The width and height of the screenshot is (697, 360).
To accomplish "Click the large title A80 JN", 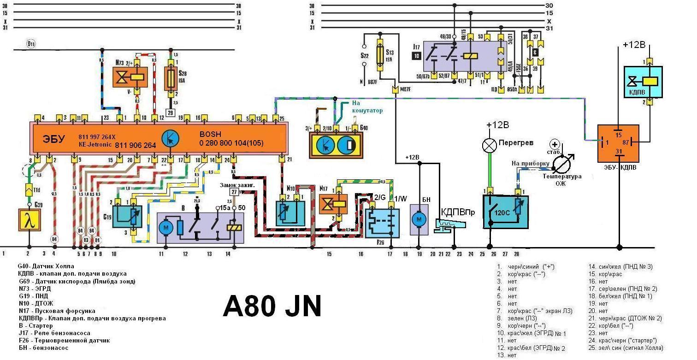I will tap(272, 306).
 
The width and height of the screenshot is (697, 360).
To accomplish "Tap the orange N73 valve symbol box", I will tap(130, 77).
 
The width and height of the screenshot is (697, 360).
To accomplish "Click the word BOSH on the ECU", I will tap(210, 134).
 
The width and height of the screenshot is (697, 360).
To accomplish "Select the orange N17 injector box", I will tap(333, 203).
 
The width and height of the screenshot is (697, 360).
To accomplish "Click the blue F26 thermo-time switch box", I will tap(382, 223).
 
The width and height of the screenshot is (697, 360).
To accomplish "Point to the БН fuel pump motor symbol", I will tap(419, 219).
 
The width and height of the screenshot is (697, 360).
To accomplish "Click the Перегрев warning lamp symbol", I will tap(489, 145).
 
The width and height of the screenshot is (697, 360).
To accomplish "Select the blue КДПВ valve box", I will tap(643, 82).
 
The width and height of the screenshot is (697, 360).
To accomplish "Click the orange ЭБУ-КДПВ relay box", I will tap(618, 143).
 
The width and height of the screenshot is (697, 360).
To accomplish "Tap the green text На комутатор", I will tap(367, 107).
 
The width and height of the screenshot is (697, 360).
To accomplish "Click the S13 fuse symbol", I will tap(380, 54).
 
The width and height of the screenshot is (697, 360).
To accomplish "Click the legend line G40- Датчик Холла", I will tap(46, 266).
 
